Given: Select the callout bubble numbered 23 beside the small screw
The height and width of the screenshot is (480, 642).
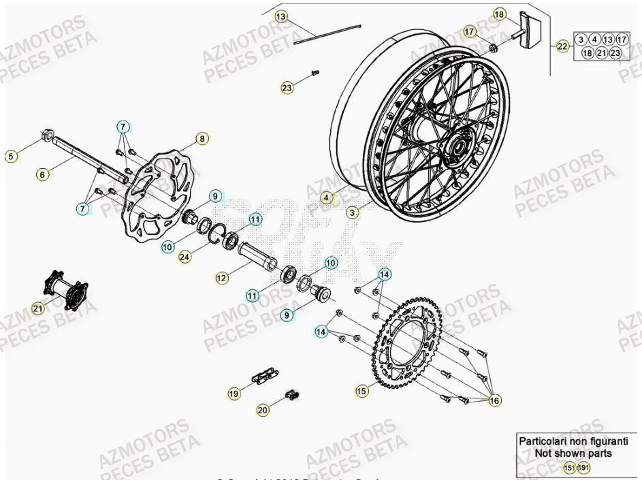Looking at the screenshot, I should pyautogui.click(x=287, y=88).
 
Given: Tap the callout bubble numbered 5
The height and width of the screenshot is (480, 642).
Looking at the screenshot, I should pyautogui.click(x=10, y=157).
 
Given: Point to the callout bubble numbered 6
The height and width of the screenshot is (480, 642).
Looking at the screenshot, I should pyautogui.click(x=42, y=175).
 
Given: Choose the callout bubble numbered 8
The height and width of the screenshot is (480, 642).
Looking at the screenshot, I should pyautogui.click(x=202, y=139).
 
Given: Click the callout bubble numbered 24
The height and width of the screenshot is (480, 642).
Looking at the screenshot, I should pyautogui.click(x=184, y=257).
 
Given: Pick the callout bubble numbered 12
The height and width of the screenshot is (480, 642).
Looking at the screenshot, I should pyautogui.click(x=221, y=278).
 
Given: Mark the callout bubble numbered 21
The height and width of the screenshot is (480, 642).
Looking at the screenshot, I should pyautogui.click(x=37, y=309).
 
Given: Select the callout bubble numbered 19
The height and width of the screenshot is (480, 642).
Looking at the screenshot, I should pyautogui.click(x=234, y=394).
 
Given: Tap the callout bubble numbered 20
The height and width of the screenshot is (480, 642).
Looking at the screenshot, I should pyautogui.click(x=263, y=410).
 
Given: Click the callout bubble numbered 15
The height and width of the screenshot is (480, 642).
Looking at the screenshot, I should pyautogui.click(x=362, y=391).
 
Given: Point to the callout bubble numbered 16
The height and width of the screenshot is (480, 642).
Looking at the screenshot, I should pyautogui.click(x=495, y=401).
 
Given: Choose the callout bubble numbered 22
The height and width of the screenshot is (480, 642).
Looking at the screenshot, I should pyautogui.click(x=562, y=46).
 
